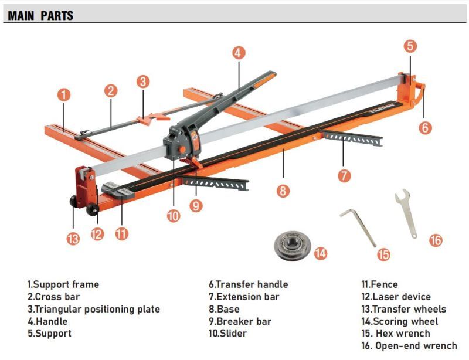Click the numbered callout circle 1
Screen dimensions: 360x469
click(x=64, y=94)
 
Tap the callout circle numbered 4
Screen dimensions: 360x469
click(x=237, y=52)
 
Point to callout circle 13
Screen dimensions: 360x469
click(x=73, y=239)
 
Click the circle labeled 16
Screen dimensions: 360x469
click(x=435, y=240)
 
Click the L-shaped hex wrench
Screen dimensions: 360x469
click(x=358, y=227)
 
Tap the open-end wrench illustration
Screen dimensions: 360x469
click(x=406, y=212)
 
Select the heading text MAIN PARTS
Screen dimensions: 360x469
click(x=40, y=15)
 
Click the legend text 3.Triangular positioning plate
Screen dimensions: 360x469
click(x=93, y=309)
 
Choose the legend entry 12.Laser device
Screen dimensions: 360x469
click(x=396, y=297)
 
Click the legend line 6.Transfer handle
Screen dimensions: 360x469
click(x=248, y=284)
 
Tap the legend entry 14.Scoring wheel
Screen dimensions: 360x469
click(x=399, y=321)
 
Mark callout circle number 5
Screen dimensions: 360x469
click(x=410, y=46)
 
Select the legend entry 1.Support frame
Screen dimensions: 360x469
click(x=63, y=284)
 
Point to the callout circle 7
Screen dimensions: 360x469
click(x=344, y=174)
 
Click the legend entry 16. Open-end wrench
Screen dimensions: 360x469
click(x=409, y=346)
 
